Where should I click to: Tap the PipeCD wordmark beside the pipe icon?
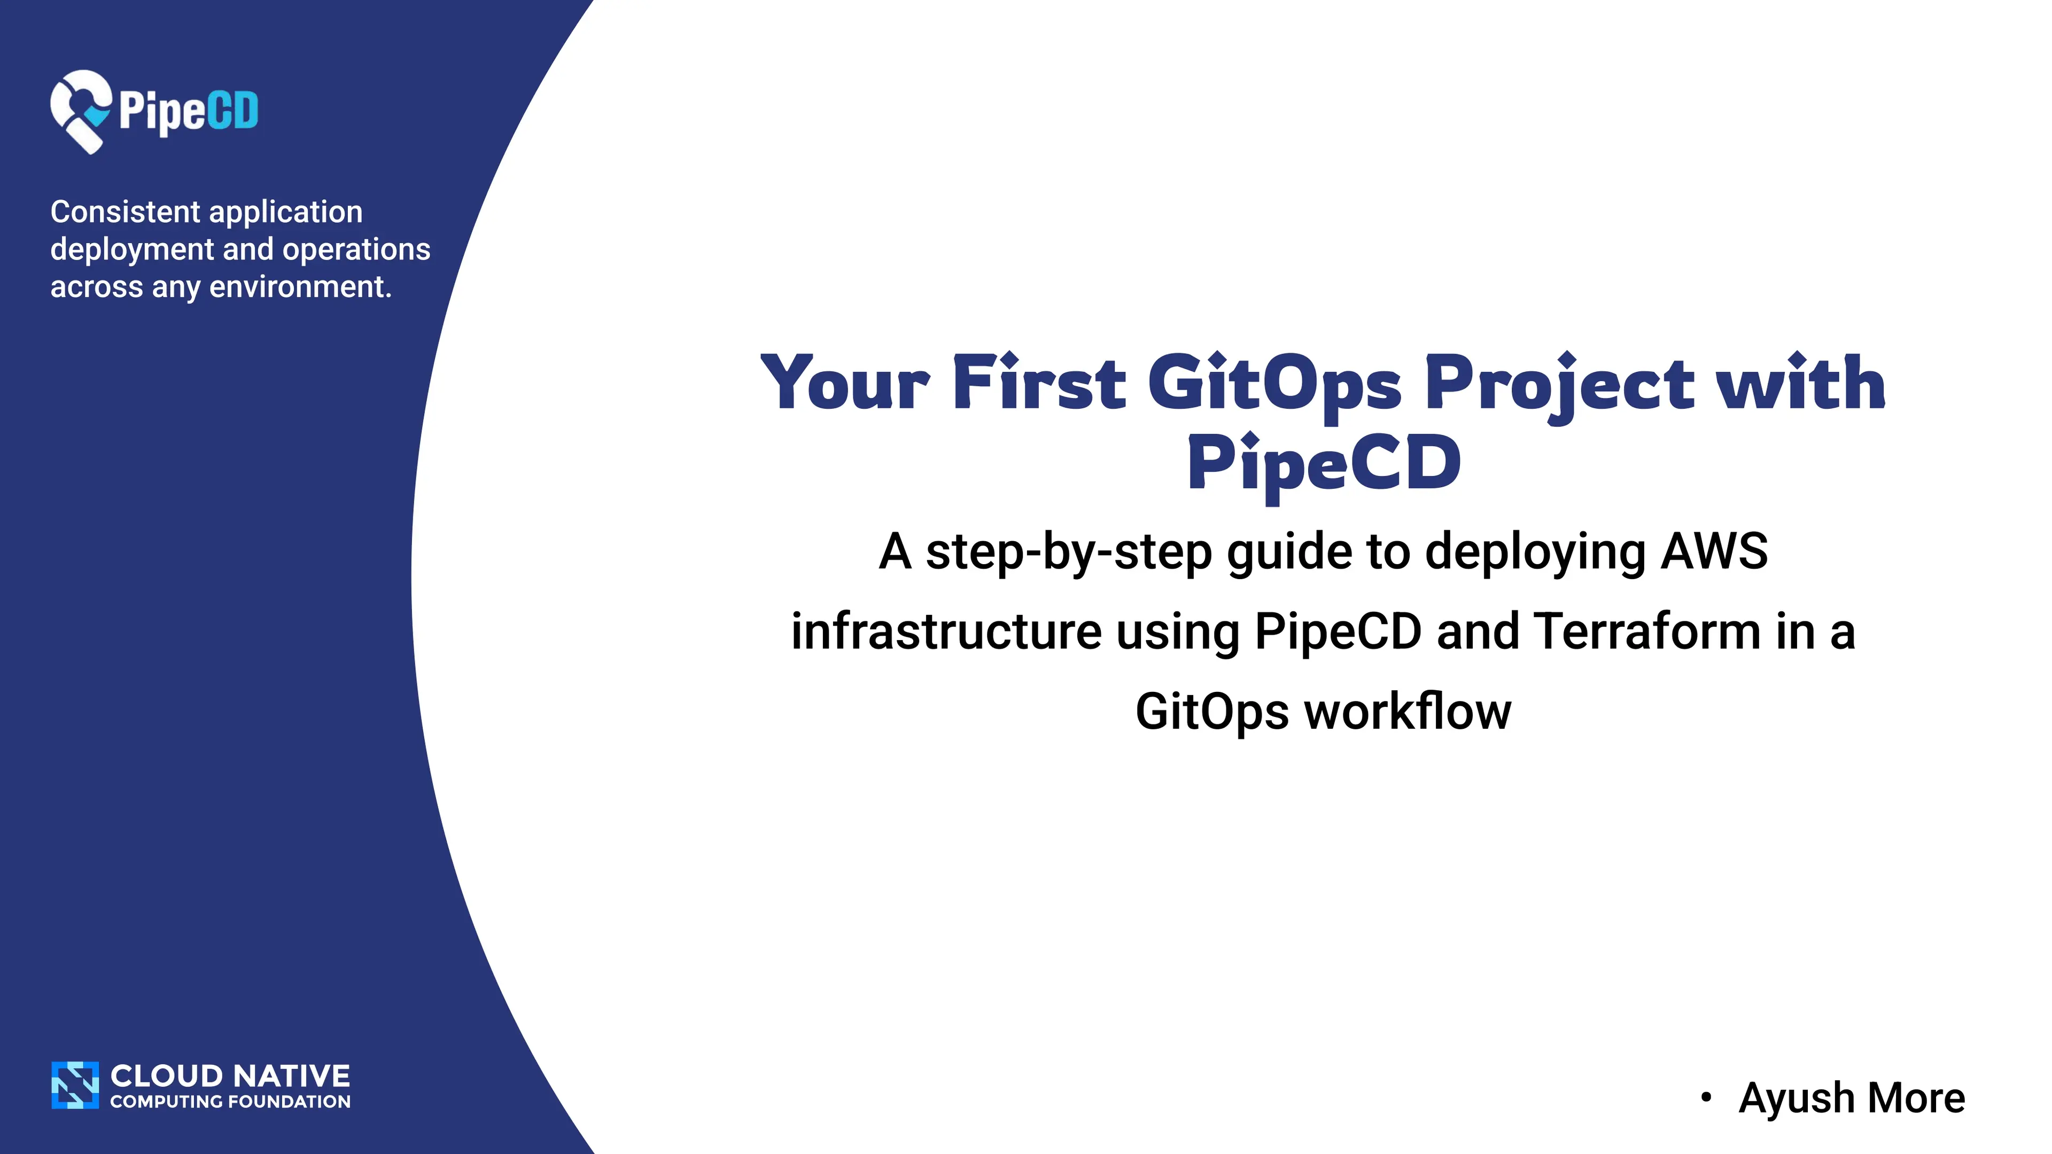pos(189,112)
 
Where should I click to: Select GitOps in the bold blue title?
pos(1274,386)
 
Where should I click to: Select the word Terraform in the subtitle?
pos(1647,631)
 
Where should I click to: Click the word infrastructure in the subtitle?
pos(946,631)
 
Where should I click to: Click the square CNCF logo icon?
pos(75,1085)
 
